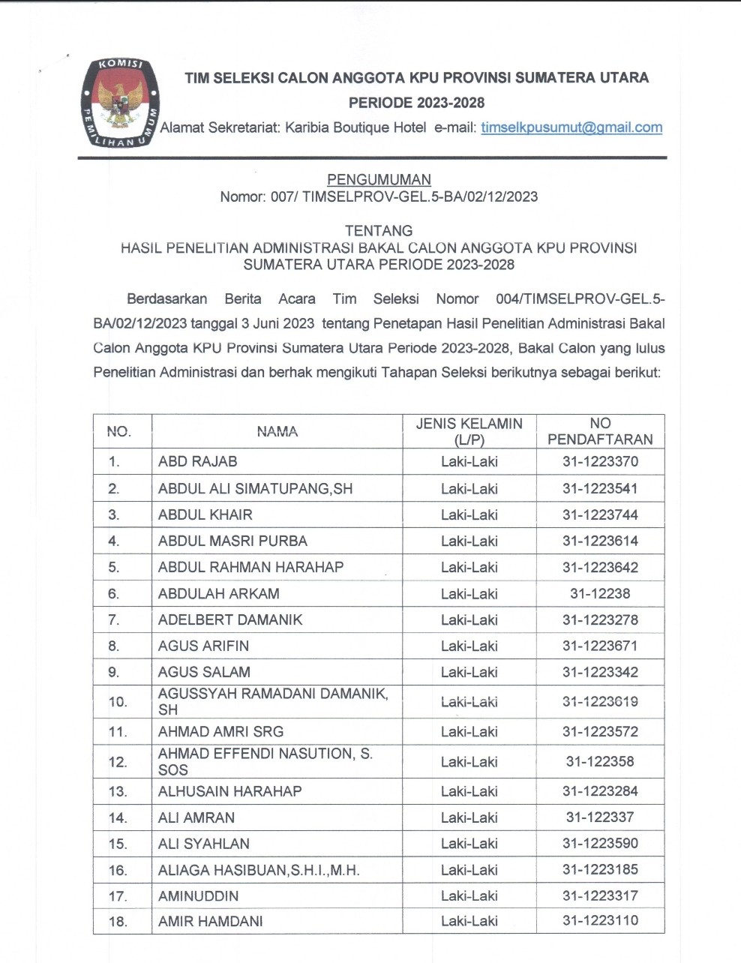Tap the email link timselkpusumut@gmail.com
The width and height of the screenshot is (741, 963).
click(571, 127)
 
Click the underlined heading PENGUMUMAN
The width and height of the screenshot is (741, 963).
click(379, 180)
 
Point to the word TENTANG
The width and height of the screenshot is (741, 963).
click(379, 231)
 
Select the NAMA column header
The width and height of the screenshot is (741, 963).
click(277, 431)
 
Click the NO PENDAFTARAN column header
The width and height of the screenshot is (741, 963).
click(600, 431)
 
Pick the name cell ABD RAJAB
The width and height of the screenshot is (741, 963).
click(198, 462)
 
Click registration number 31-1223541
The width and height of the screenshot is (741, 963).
click(600, 489)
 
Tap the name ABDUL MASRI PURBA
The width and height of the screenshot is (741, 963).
click(232, 541)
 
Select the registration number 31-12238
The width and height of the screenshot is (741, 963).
click(600, 594)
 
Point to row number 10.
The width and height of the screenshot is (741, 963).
click(118, 702)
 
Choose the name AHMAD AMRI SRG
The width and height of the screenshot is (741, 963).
click(220, 732)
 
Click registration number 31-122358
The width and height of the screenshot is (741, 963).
click(600, 762)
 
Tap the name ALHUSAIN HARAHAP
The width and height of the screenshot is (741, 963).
click(229, 792)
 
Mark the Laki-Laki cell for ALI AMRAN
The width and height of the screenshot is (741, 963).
click(469, 818)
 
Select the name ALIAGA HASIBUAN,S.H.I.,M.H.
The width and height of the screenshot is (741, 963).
click(259, 871)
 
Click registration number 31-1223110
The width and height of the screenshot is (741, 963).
click(600, 922)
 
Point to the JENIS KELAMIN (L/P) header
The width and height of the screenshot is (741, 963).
click(469, 431)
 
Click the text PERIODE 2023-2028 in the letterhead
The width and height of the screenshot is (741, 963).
click(416, 103)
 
